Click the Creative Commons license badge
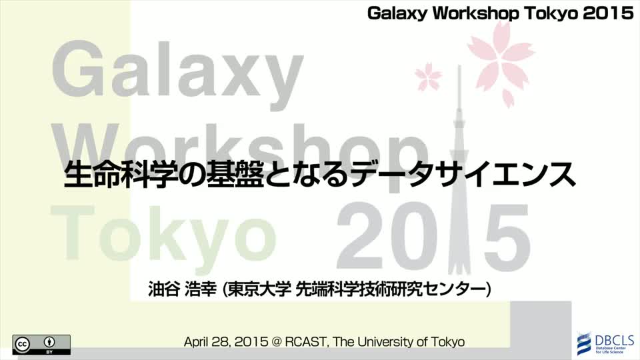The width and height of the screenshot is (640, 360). [41, 345]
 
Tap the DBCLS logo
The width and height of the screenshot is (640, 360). [605, 343]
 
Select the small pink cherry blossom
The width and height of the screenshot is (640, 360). [428, 76]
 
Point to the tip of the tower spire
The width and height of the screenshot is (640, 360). [459, 66]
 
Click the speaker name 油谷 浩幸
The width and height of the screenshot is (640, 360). [182, 289]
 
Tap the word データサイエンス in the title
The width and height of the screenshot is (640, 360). [463, 175]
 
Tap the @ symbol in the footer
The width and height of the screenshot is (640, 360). [276, 341]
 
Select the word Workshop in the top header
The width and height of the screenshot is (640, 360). [475, 13]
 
